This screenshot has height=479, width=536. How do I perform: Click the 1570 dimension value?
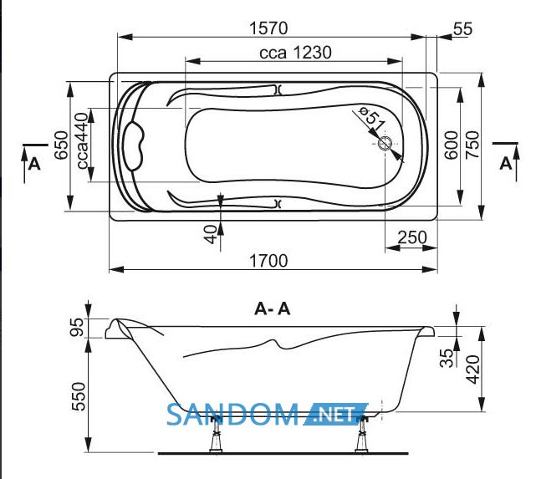[268, 28]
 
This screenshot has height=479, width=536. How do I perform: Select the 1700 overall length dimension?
[268, 261]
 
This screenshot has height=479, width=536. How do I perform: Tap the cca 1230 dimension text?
[295, 53]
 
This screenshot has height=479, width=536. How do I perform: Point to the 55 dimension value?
[463, 28]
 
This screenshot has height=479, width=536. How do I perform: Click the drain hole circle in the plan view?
[385, 143]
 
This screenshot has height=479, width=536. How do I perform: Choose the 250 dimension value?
[412, 237]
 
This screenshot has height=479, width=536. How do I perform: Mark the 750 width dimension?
[472, 145]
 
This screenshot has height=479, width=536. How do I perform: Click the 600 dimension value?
[452, 145]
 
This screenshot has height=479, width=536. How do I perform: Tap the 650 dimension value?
[62, 145]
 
